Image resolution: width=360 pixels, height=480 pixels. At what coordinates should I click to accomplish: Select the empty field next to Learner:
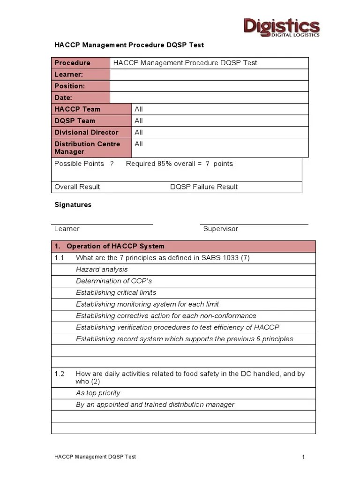pos(209,75)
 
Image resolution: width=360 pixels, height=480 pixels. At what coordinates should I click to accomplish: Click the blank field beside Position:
pos(209,86)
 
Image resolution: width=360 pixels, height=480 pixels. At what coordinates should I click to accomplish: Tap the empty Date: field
pos(209,97)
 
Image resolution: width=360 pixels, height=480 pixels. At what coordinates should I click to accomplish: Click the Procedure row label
pos(72,63)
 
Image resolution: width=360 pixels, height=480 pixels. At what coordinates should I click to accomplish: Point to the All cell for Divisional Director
pos(139,132)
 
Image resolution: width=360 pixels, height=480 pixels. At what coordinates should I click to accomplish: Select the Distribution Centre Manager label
pos(87,148)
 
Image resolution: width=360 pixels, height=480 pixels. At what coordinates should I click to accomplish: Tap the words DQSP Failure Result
pos(203,187)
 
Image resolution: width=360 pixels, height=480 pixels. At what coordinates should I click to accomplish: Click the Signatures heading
pos(73,205)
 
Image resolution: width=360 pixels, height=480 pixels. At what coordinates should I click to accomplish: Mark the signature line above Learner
pos(102,225)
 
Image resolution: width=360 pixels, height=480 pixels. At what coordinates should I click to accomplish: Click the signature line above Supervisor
pos(254,225)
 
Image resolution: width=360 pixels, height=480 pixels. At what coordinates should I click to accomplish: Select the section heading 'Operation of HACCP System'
pos(115,246)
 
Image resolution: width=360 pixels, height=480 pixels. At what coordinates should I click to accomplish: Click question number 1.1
pos(59,258)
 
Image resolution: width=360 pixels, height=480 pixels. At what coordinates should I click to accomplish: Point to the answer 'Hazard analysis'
pos(102,270)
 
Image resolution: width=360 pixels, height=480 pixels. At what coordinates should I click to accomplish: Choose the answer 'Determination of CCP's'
pos(114,281)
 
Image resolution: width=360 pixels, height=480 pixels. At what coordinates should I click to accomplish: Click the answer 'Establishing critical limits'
pos(116,292)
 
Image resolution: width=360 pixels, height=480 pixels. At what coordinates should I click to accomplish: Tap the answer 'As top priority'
pos(98,393)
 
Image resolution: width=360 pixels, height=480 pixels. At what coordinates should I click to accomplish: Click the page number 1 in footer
pos(304,457)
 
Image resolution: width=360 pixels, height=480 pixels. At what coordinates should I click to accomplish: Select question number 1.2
pos(59,374)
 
